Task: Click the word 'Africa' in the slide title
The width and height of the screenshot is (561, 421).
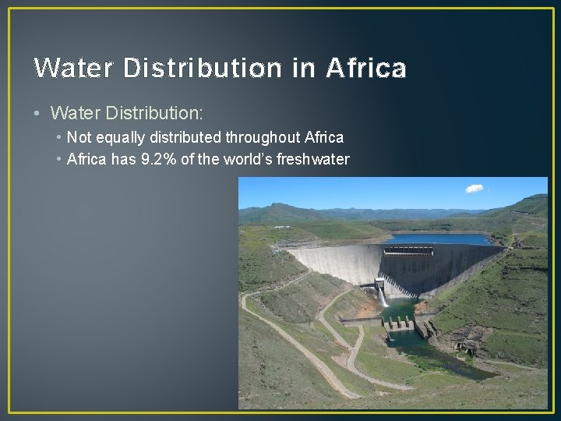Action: pos(366,69)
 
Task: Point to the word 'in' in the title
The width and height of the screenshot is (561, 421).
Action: pos(304,69)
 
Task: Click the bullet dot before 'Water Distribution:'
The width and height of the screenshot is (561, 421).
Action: pos(38,114)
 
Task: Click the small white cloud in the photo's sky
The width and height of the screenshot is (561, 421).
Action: pos(474,189)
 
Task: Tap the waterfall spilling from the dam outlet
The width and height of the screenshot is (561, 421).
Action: pos(383,295)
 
